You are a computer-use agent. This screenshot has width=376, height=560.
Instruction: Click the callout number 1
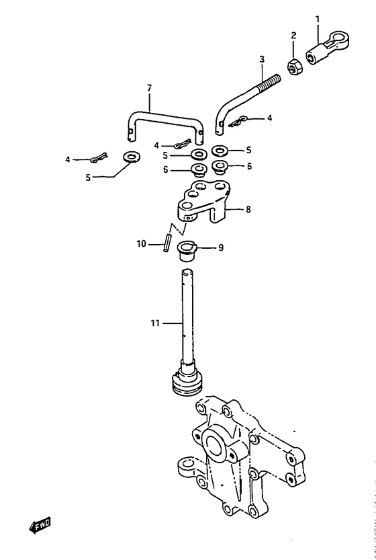point(317,19)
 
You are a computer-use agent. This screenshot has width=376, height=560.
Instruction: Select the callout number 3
point(262,59)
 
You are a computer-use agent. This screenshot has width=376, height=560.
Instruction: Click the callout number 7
point(149,87)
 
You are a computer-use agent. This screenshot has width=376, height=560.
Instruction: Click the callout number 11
point(154,323)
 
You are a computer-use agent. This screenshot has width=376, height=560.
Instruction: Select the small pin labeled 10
point(167,242)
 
